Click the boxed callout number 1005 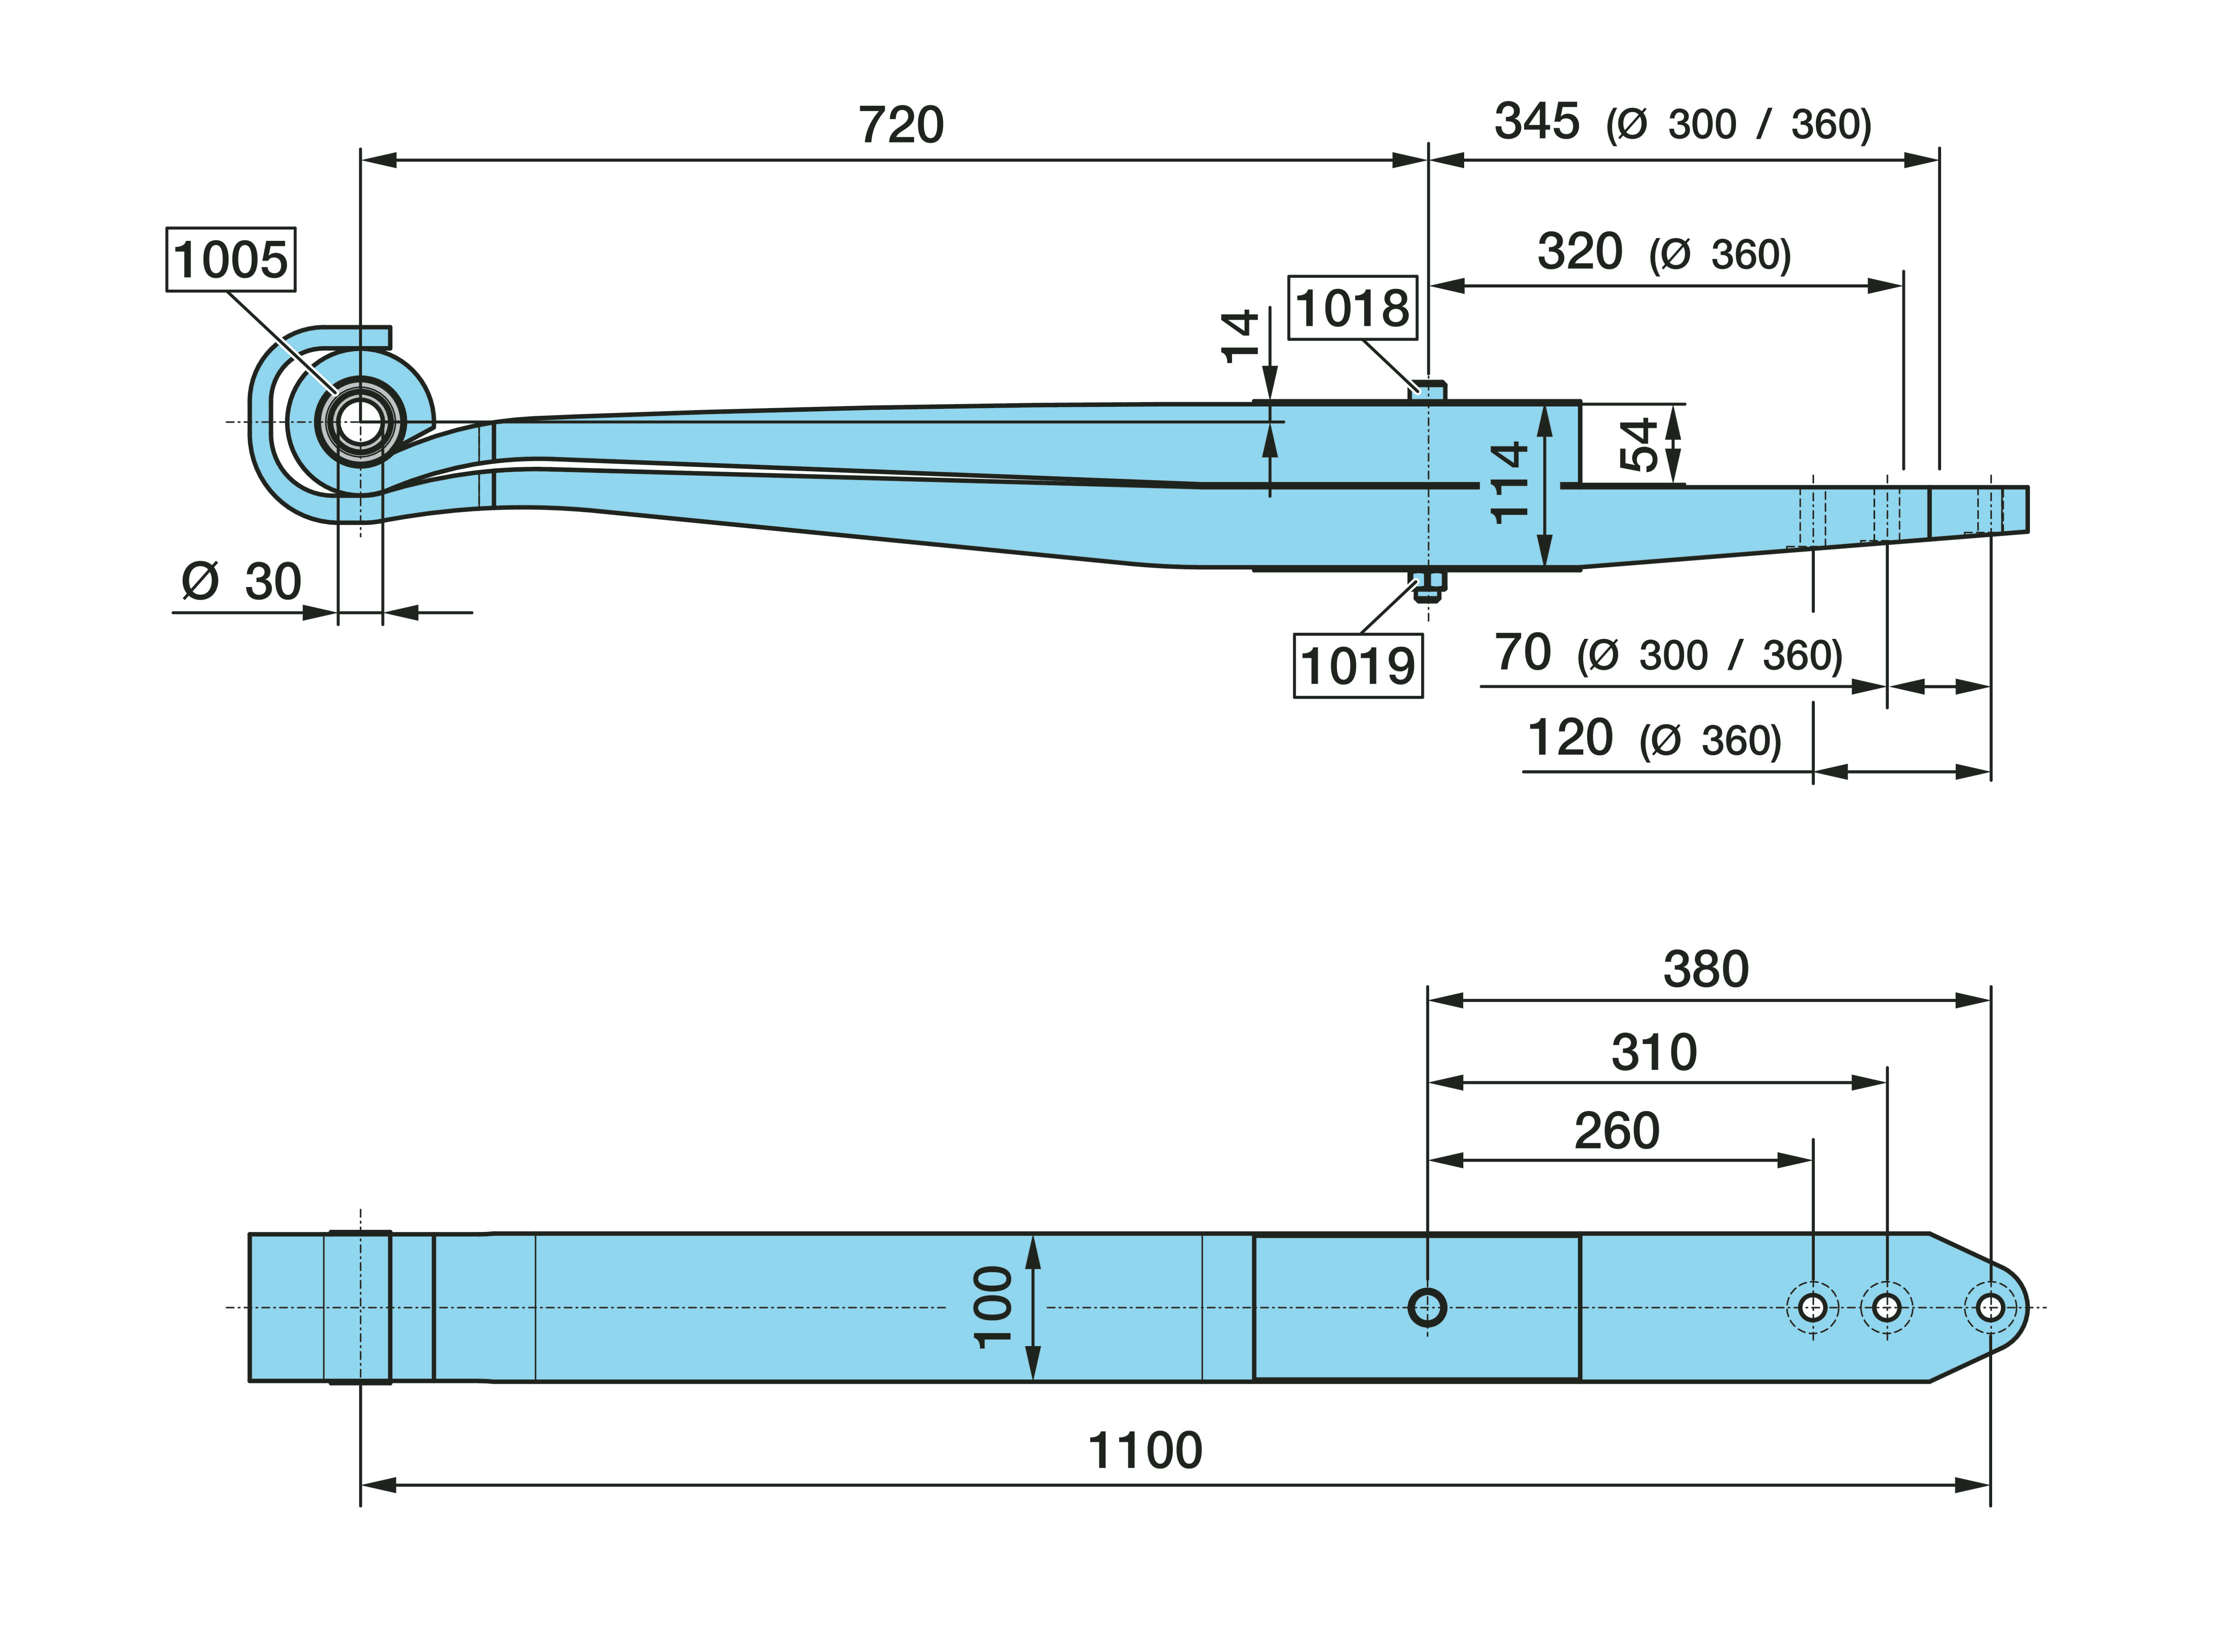coord(231,260)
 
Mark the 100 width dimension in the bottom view coord(993,1307)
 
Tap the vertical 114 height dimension coord(1509,483)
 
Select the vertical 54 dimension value coord(1639,445)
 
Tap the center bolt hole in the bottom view coord(1427,1307)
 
